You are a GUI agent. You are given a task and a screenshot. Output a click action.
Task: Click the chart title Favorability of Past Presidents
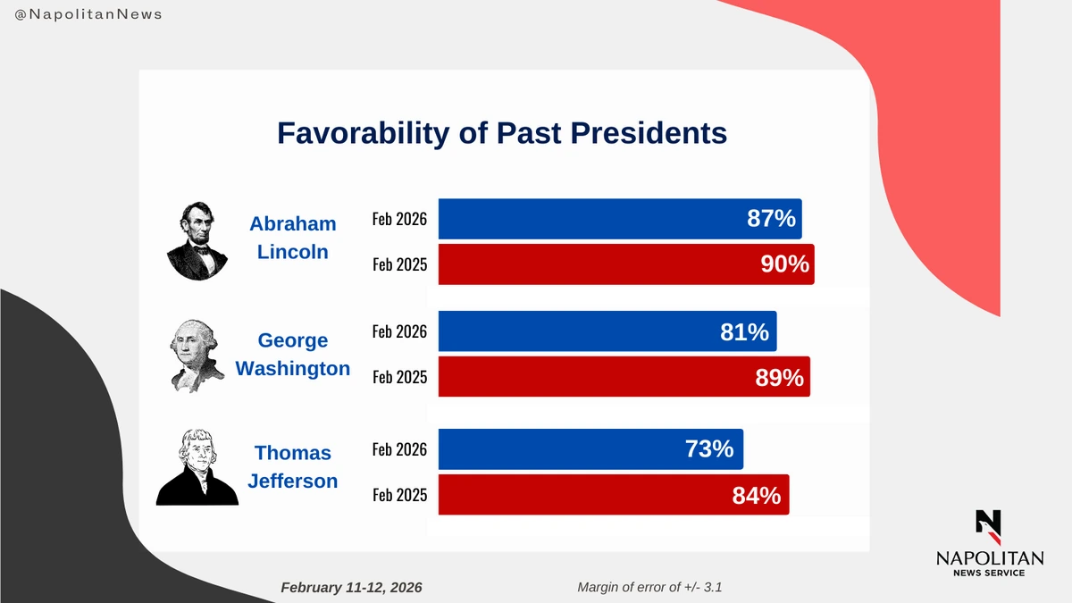tap(501, 133)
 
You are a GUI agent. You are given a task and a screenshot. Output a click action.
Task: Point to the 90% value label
tap(783, 264)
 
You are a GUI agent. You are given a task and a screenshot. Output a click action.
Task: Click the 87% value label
tap(771, 219)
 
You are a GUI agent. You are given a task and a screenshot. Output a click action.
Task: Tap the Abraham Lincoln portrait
tap(197, 240)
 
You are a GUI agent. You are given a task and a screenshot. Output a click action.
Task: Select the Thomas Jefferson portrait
tap(197, 466)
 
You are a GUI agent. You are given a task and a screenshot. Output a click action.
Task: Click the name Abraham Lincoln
tap(292, 238)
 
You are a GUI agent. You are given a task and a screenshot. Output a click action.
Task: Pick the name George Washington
tap(292, 354)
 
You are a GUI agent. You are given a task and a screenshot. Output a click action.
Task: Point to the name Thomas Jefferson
tap(292, 466)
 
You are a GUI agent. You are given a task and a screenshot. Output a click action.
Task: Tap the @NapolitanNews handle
tap(89, 15)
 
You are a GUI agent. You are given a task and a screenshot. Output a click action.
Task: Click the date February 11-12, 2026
tap(351, 588)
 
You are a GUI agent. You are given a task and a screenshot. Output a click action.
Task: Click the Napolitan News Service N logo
tap(988, 526)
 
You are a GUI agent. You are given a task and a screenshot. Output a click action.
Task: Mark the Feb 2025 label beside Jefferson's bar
tap(399, 495)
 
